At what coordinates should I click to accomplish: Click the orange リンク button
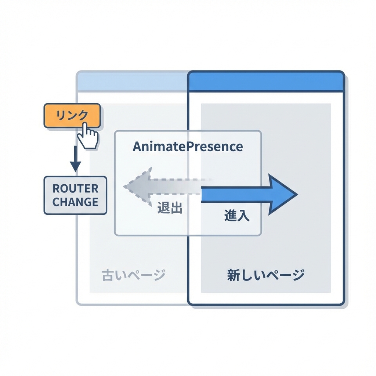tap(72, 115)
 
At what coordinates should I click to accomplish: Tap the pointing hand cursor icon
tap(88, 137)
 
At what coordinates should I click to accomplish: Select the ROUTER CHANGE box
tap(75, 195)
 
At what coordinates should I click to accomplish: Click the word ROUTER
tap(75, 189)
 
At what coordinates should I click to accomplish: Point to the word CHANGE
tap(75, 202)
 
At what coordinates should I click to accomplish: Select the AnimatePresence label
tap(188, 147)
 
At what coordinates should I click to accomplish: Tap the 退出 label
tap(170, 208)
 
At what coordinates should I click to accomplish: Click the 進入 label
tap(237, 216)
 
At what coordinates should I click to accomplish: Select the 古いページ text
tap(133, 275)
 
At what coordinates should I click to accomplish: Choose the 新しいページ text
tap(265, 275)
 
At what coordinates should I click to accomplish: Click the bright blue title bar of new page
tap(266, 82)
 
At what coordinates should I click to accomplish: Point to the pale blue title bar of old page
tap(132, 80)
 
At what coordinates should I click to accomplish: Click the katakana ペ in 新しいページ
tap(270, 275)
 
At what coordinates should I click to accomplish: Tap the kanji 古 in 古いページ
tap(108, 275)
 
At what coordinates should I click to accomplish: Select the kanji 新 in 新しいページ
tap(234, 275)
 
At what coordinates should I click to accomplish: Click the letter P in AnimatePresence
tap(193, 147)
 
